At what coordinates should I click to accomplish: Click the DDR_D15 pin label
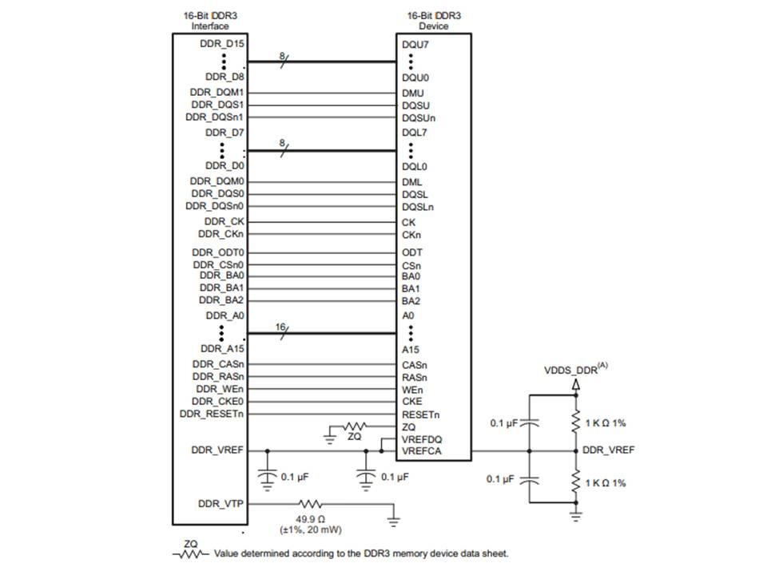click(224, 45)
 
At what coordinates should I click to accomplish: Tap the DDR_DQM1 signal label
click(217, 92)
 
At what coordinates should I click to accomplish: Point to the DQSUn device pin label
click(419, 118)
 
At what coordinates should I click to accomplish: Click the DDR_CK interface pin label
click(225, 221)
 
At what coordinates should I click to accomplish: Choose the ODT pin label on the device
click(411, 252)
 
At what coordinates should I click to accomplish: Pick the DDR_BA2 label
click(221, 301)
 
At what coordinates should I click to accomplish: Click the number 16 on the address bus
click(280, 327)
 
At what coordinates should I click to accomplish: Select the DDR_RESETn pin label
click(212, 414)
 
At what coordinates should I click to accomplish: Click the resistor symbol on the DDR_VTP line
click(310, 504)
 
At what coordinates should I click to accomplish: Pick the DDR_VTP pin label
click(221, 504)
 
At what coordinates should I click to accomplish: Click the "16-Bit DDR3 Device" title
click(434, 21)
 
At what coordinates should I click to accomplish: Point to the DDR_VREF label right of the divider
click(609, 450)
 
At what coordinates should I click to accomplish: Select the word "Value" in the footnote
click(227, 553)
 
